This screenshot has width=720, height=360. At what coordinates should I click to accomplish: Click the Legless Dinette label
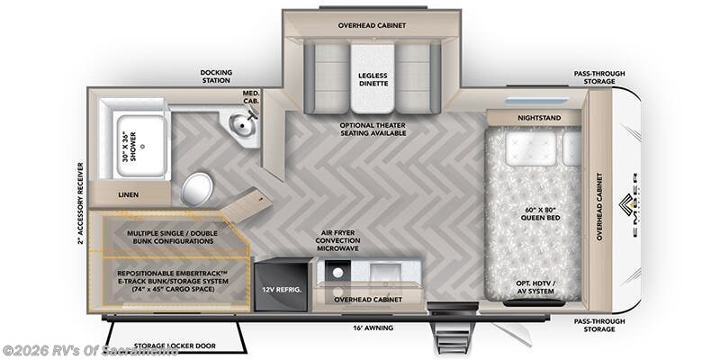[373, 78]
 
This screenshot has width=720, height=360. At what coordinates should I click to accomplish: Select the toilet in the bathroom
[198, 189]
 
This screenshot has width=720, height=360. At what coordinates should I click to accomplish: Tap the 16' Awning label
[372, 328]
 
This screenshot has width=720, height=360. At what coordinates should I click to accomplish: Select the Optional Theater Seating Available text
[372, 128]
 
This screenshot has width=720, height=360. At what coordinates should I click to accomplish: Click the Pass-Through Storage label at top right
[599, 78]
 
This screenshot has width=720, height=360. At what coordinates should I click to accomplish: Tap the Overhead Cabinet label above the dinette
[372, 25]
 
